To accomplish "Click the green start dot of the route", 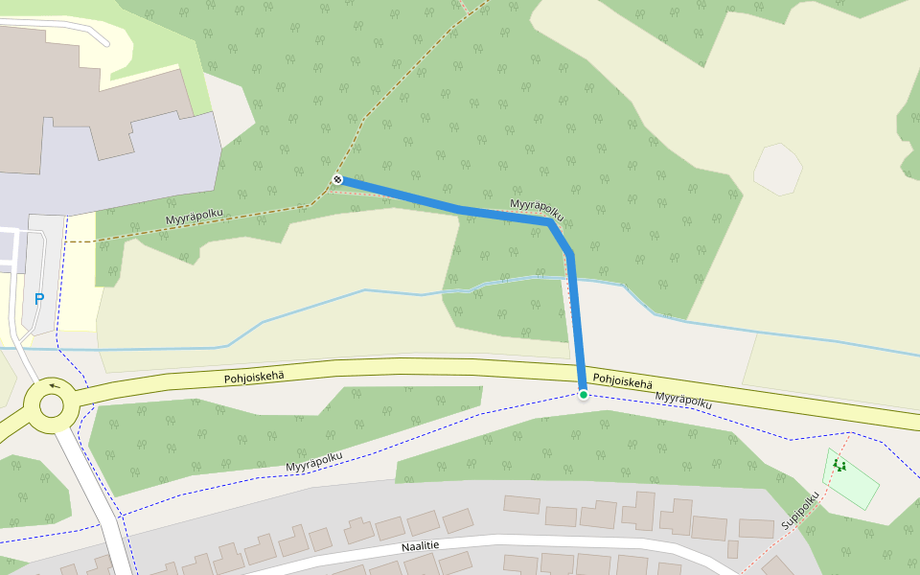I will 583,394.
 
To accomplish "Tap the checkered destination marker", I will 337,179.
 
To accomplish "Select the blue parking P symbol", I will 39,299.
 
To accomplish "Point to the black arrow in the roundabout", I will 54,387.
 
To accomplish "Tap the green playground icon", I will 839,466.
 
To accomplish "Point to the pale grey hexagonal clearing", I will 777,170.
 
